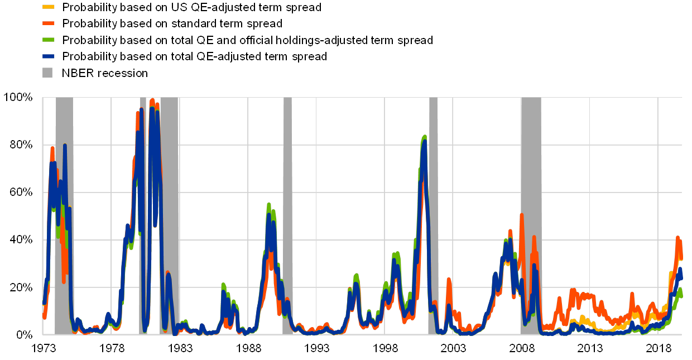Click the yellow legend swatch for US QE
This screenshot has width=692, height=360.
tap(49, 7)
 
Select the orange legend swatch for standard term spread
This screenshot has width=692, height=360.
tap(49, 23)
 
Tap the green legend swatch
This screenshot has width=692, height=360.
tap(49, 40)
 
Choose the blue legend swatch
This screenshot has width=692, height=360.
tap(49, 56)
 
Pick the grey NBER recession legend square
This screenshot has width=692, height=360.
tap(49, 73)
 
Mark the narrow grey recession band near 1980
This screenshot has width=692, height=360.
tap(143, 223)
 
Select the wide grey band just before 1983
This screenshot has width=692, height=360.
tap(170, 223)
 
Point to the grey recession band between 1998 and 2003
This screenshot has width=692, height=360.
tap(433, 223)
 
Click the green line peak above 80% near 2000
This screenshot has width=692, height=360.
tap(425, 136)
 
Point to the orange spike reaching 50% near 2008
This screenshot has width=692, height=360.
tap(522, 214)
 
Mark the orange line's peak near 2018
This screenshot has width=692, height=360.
tap(678, 238)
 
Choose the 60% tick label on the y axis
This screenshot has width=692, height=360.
tap(21, 192)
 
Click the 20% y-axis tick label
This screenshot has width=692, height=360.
tap(21, 287)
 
